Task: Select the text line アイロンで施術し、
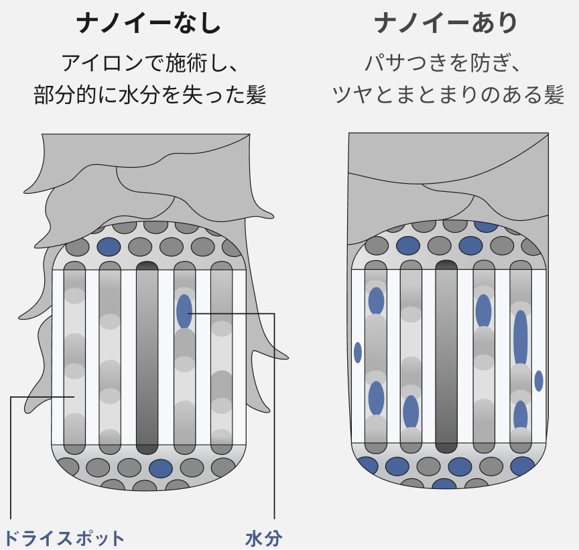[x=149, y=63]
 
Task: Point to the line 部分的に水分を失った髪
[x=150, y=95]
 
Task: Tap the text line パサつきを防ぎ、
[x=443, y=63]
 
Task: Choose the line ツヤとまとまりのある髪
[x=448, y=95]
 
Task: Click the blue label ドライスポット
[x=64, y=538]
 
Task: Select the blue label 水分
[x=263, y=538]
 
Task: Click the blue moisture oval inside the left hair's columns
[x=184, y=311]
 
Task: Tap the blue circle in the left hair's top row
[x=109, y=247]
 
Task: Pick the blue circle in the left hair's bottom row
[x=161, y=468]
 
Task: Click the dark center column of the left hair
[x=147, y=357]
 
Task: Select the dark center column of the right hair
[x=446, y=356]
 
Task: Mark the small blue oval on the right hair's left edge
[x=357, y=353]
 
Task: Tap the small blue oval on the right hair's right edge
[x=539, y=381]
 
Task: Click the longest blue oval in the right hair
[x=521, y=338]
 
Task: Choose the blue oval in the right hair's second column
[x=411, y=412]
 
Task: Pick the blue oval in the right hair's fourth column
[x=483, y=311]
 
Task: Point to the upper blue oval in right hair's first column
[x=376, y=301]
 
